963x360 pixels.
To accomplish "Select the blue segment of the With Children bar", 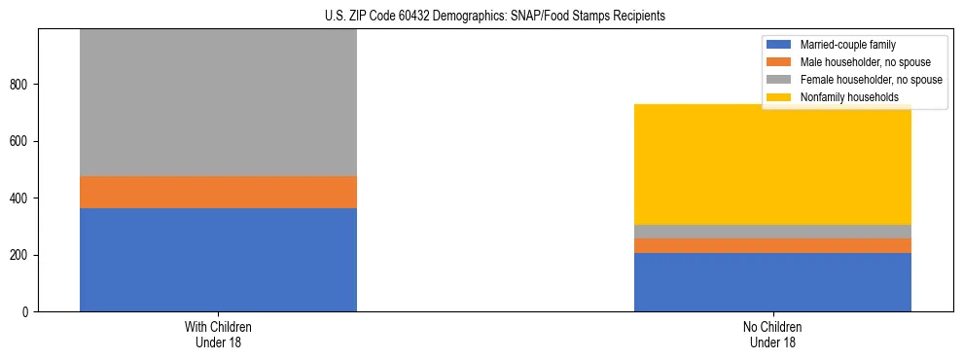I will coord(218,260).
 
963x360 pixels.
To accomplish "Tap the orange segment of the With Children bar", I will coord(218,192).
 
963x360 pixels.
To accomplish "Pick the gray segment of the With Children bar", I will coord(218,102).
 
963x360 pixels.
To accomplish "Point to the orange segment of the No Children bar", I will coord(772,245).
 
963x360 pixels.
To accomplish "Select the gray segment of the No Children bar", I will coord(772,232).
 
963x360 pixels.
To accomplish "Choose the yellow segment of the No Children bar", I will coord(772,164).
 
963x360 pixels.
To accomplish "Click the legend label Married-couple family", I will coord(847,45).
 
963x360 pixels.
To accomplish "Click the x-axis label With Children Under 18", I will coord(218,335).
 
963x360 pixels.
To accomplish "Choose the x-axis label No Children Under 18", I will coord(772,335).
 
